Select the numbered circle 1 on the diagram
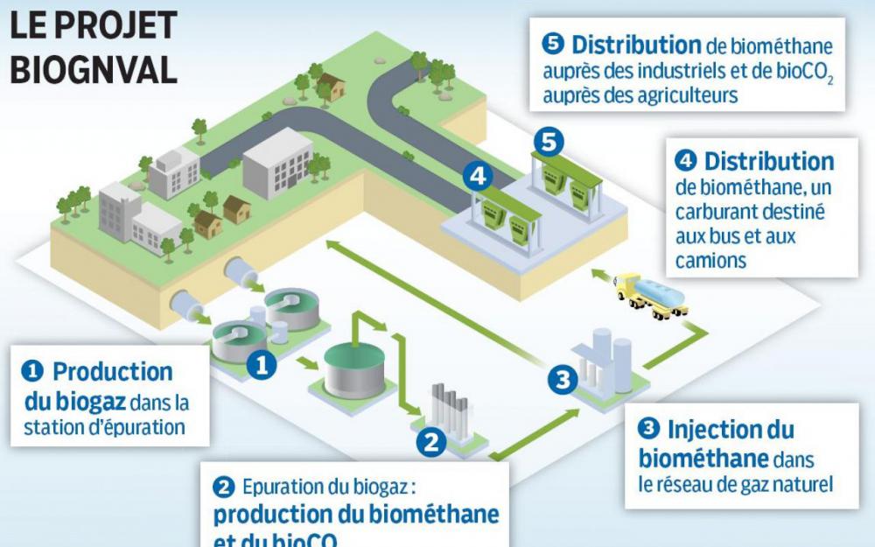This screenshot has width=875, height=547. [261, 363]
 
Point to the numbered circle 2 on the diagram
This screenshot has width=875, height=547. [430, 440]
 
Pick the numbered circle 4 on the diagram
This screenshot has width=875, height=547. [477, 175]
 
